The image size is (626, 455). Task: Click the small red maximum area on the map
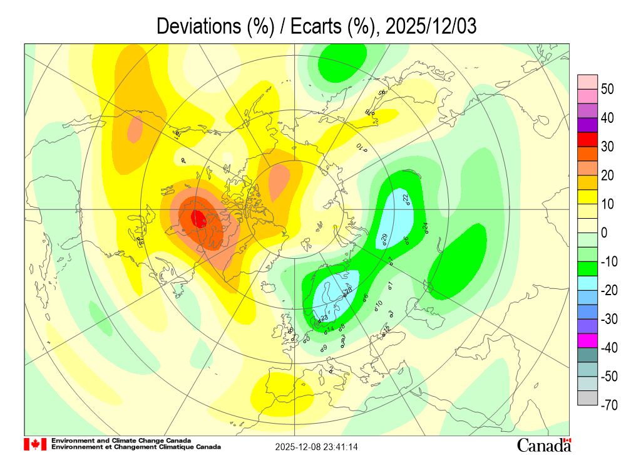198,219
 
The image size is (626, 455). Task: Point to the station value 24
425,226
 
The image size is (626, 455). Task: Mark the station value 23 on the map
324,318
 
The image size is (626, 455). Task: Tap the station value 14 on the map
330,328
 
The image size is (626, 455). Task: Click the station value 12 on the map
387,330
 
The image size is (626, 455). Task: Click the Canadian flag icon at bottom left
36,444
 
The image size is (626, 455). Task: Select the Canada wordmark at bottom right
544,445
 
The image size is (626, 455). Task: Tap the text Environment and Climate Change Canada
121,441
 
